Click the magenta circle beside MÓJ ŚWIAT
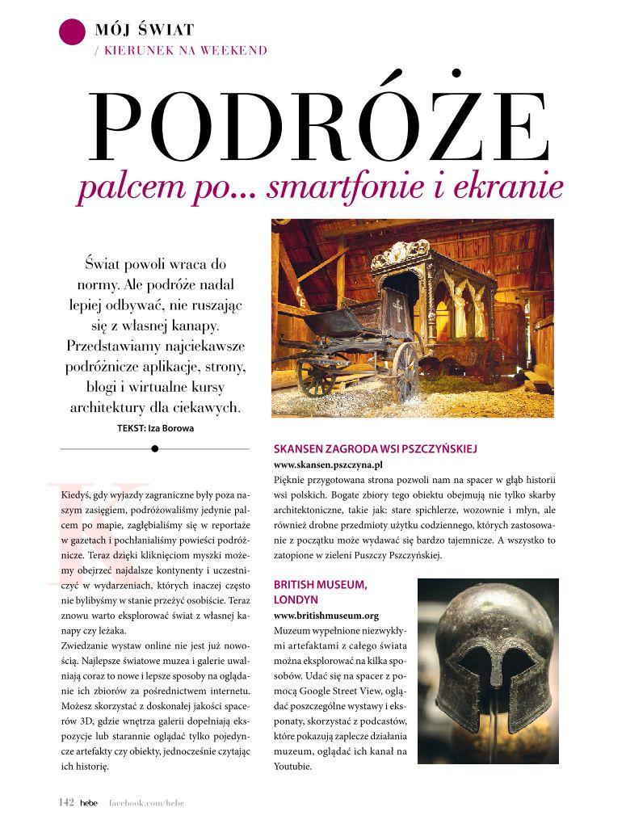[73, 31]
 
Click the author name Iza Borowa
[170, 428]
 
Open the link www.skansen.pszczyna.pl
[328, 465]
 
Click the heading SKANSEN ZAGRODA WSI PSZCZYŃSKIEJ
[377, 448]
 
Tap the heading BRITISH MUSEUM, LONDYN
[321, 592]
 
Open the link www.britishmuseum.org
[326, 616]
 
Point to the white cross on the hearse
[397, 309]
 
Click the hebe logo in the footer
[88, 802]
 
